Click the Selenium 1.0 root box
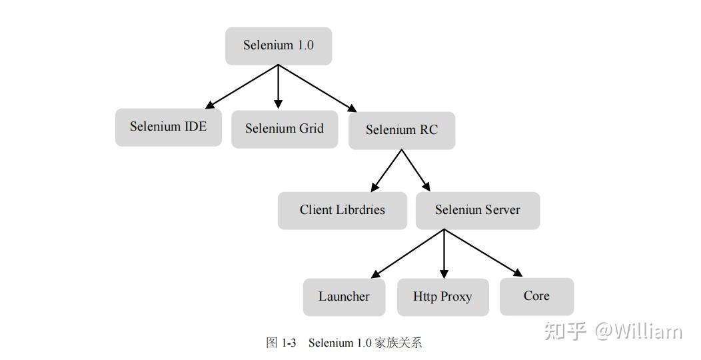tap(278, 46)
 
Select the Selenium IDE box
tap(168, 127)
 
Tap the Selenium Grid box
tap(284, 129)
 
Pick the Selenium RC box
tap(401, 130)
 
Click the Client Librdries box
tap(342, 210)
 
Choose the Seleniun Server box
tap(477, 210)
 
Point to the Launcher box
tap(344, 297)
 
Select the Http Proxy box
tap(442, 297)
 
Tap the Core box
tap(536, 296)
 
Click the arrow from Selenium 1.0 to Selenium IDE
tap(242, 87)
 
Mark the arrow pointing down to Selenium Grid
tap(278, 87)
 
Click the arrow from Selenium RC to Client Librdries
tap(386, 171)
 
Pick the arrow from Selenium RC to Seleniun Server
tap(415, 171)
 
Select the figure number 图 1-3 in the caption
tap(281, 343)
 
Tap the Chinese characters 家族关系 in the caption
tap(398, 343)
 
